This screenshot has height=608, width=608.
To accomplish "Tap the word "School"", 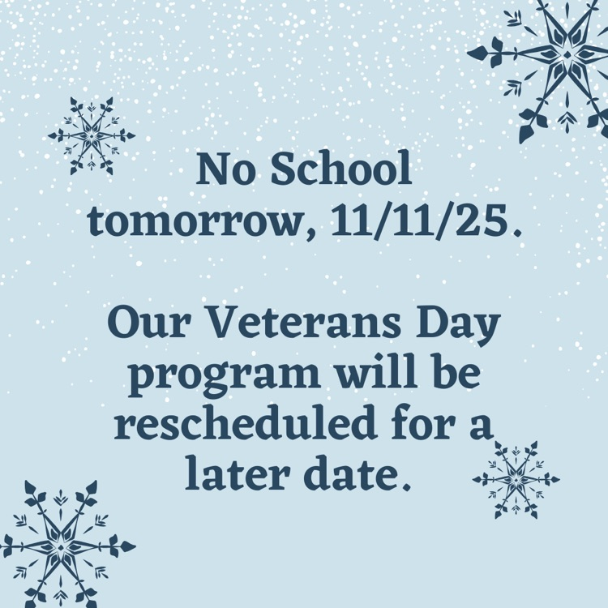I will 340,173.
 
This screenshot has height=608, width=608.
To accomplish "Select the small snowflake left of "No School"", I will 91,135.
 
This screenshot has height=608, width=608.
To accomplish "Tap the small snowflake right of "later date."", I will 516,479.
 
